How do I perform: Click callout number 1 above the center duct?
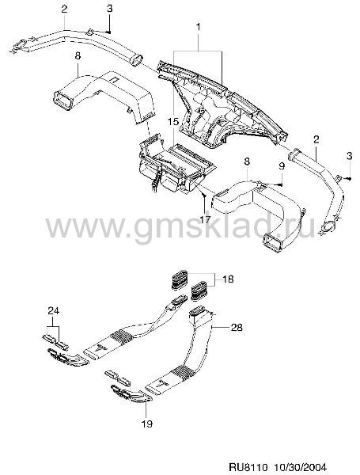click(x=199, y=27)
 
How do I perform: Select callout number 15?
click(x=173, y=122)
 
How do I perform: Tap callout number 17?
click(x=205, y=218)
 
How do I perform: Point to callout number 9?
click(x=282, y=166)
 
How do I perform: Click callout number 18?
click(x=228, y=279)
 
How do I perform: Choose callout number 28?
click(x=237, y=327)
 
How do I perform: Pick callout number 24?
click(x=53, y=311)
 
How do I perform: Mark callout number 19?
click(x=147, y=424)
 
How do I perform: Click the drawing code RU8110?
click(x=247, y=466)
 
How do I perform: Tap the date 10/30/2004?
click(x=301, y=466)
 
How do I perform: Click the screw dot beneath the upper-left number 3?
click(x=109, y=32)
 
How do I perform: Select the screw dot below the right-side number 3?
click(x=350, y=179)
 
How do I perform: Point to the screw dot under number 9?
click(x=282, y=184)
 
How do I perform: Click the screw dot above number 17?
click(x=205, y=196)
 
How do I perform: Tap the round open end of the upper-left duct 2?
click(x=136, y=59)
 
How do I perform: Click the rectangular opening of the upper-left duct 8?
click(x=63, y=100)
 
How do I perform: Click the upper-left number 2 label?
click(x=64, y=9)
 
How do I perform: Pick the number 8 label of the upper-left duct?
click(x=78, y=56)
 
